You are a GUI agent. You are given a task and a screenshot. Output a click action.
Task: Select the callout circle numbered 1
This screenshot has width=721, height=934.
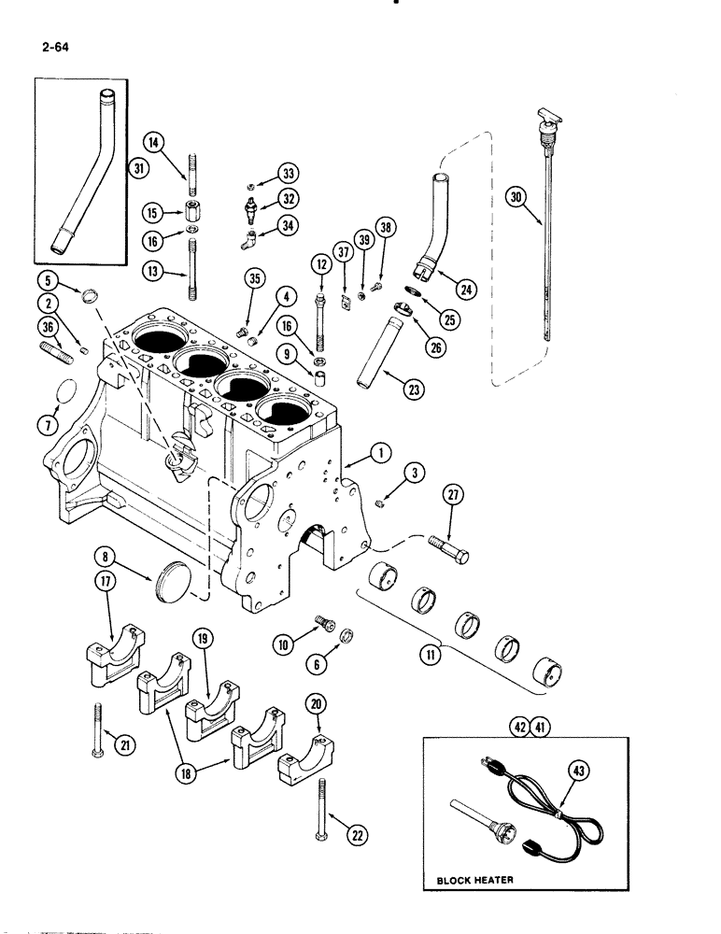pos(380,453)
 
